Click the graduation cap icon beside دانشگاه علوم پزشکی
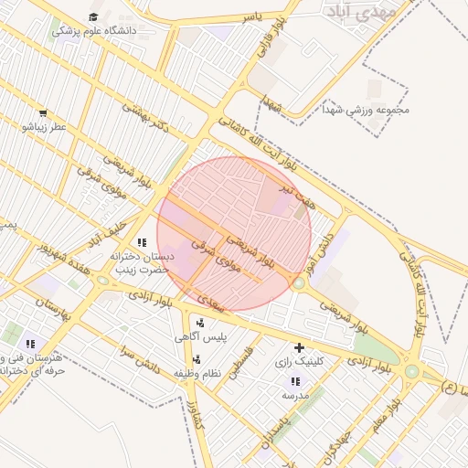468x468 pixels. (93, 17)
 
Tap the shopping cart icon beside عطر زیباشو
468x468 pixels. (43, 113)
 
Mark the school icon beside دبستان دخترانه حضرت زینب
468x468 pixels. (142, 242)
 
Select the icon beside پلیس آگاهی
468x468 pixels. (200, 322)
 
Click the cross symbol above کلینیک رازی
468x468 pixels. (299, 347)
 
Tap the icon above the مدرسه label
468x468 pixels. (293, 381)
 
